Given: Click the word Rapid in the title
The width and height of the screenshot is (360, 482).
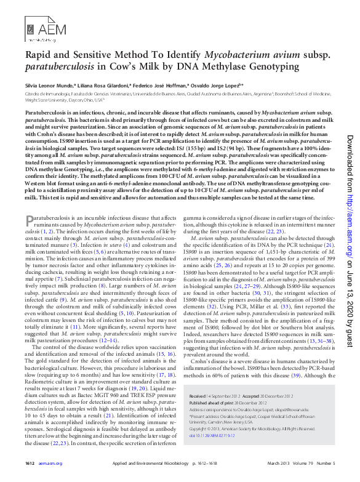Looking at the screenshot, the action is [x=39, y=54].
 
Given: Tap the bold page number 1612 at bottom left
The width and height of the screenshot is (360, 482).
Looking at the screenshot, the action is [x=30, y=463].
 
